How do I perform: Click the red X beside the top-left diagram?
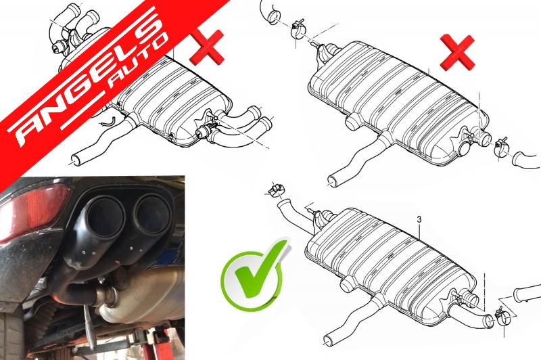(207, 47)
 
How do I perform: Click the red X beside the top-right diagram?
(458, 52)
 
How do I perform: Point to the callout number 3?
(419, 219)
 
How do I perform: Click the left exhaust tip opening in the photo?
(105, 218)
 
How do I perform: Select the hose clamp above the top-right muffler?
(298, 30)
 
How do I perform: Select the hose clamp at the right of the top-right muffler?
(500, 146)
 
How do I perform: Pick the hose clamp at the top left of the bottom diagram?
(276, 189)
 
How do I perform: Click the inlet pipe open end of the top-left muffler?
(76, 160)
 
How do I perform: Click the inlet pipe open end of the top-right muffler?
(332, 181)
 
